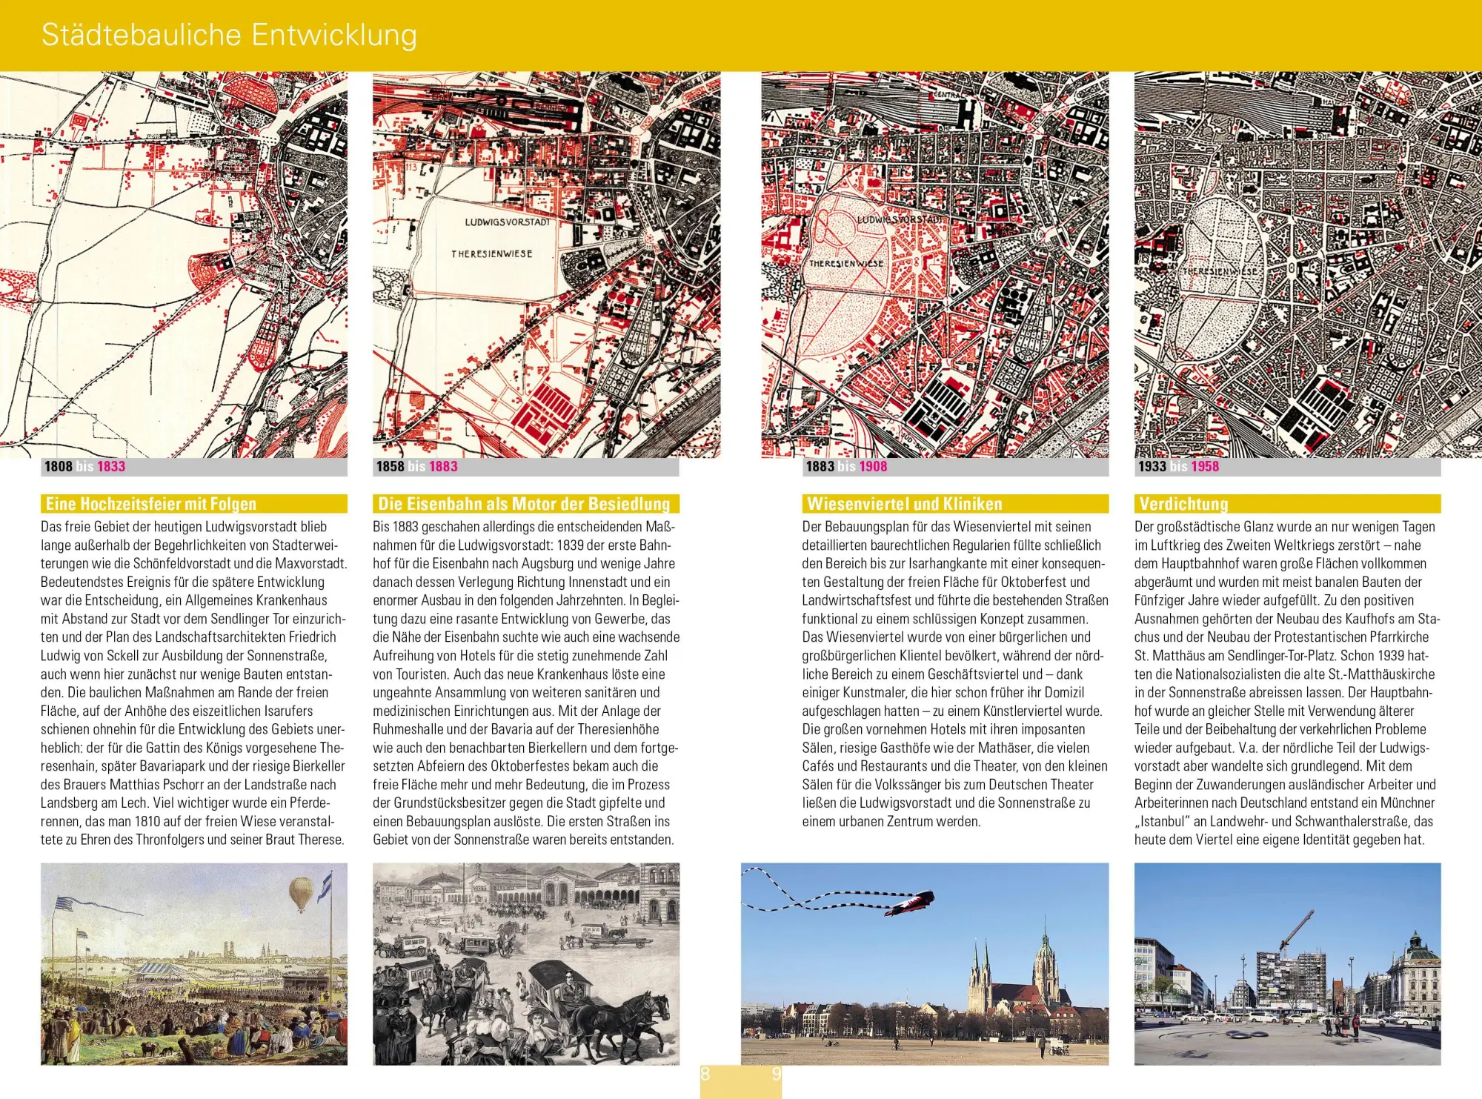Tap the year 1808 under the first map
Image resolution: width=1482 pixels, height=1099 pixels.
[59, 466]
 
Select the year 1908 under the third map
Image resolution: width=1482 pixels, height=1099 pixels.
[873, 466]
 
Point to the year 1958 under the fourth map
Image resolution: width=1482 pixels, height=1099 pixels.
[1205, 466]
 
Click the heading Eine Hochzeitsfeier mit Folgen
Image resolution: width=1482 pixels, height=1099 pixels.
[151, 504]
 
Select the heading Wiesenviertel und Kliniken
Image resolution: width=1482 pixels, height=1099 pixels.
[904, 504]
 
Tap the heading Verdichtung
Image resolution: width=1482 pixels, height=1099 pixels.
[1183, 504]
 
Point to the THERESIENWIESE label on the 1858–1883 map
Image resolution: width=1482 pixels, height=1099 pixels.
[492, 253]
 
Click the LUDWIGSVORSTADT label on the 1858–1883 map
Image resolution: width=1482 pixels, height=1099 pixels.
[508, 222]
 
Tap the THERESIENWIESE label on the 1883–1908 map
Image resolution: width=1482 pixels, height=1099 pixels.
[846, 263]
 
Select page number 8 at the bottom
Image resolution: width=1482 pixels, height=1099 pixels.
[705, 1075]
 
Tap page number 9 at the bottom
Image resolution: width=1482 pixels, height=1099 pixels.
[776, 1075]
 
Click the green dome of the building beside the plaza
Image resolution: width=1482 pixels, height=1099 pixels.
[1415, 943]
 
